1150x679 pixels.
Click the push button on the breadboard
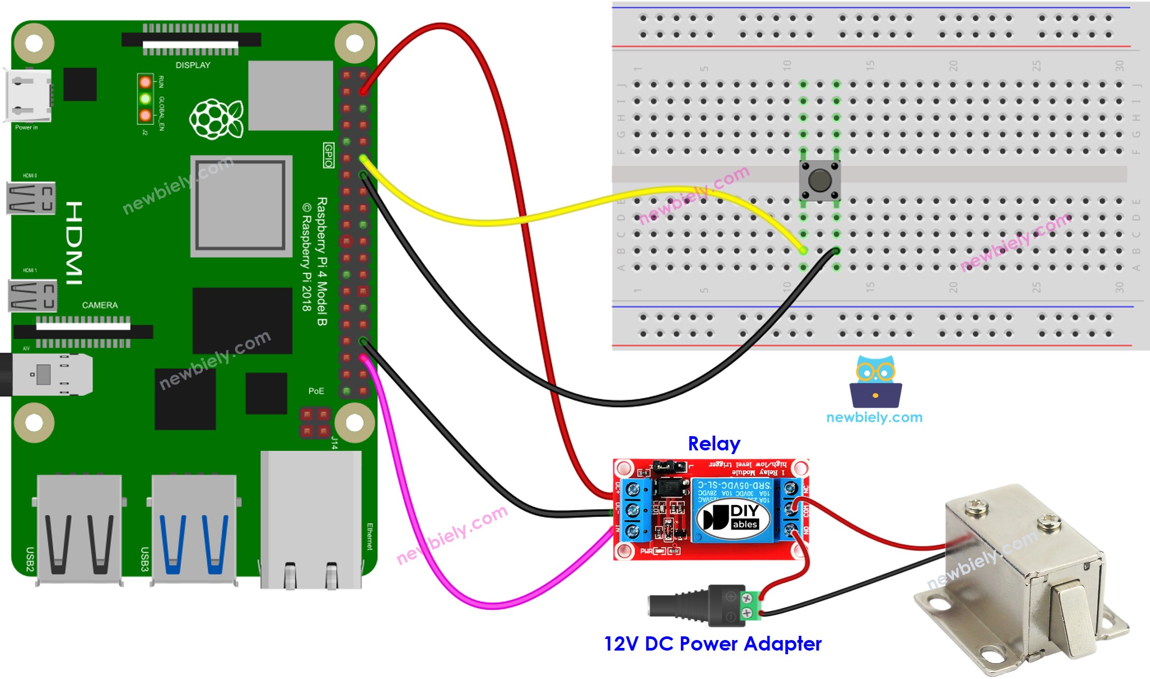click(819, 180)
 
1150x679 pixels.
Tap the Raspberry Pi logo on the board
click(216, 119)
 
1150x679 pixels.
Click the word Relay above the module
click(714, 444)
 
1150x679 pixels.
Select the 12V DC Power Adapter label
click(713, 644)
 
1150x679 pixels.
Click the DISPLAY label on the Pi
click(193, 65)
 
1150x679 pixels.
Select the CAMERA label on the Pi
click(100, 305)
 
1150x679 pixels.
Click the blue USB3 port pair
click(194, 529)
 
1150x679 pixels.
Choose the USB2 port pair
click(79, 529)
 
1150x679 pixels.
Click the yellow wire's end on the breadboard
click(803, 250)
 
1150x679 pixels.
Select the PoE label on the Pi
click(316, 391)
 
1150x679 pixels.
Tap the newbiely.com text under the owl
click(874, 417)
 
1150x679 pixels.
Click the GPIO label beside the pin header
click(328, 155)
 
